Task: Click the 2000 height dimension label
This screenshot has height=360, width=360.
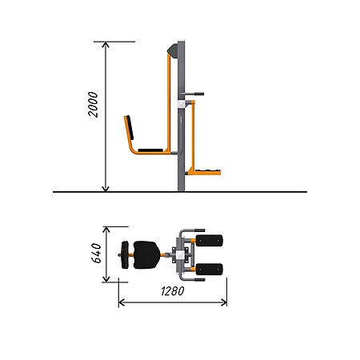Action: [x=93, y=104]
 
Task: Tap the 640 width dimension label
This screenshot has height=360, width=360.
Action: [x=97, y=253]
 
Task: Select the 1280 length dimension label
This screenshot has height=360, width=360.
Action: [x=173, y=291]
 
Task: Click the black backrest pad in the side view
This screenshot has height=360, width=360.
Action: [x=130, y=127]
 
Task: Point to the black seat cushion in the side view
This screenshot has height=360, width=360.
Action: [x=150, y=150]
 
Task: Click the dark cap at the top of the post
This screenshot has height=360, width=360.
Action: [x=173, y=50]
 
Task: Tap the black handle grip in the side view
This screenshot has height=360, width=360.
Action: [x=199, y=94]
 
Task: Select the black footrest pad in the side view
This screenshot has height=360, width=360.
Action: [x=208, y=170]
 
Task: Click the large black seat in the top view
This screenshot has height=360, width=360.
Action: [x=146, y=254]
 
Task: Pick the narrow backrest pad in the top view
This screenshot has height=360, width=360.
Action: [x=125, y=254]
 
